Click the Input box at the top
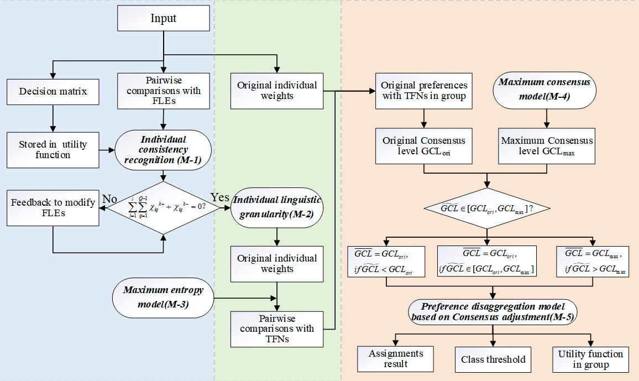[x=164, y=18]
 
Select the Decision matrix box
[x=53, y=91]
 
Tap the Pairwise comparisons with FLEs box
[x=164, y=91]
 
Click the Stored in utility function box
[x=53, y=149]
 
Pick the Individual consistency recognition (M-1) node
[x=164, y=150]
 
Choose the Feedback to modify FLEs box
[x=53, y=207]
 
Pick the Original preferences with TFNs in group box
[x=424, y=91]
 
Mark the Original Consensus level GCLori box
[x=424, y=146]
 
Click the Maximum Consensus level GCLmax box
[x=547, y=146]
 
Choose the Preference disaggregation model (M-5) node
[x=492, y=312]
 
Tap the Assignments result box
[x=396, y=359]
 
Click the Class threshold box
[x=493, y=359]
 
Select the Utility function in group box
[x=590, y=359]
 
